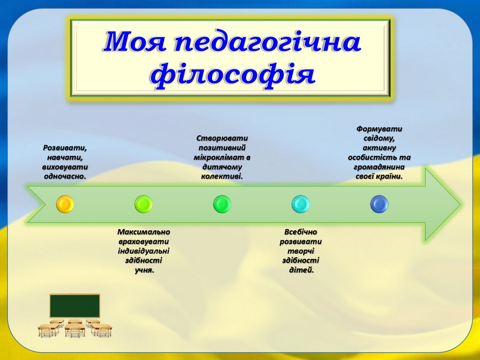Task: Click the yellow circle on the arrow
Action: (x=65, y=204)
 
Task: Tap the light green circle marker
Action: (x=143, y=204)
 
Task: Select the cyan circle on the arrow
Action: (x=300, y=204)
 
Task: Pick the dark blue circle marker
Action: (x=379, y=204)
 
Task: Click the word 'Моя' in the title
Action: (x=135, y=42)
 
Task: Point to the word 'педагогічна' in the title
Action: (x=268, y=43)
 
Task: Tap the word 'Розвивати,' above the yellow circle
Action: (x=65, y=148)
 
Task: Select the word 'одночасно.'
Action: (x=65, y=176)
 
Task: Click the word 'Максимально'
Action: (x=144, y=232)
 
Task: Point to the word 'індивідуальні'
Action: (x=144, y=251)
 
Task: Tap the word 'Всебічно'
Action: (x=300, y=232)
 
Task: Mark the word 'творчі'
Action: (x=300, y=251)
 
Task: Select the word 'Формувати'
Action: (x=379, y=129)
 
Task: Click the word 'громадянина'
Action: (x=379, y=167)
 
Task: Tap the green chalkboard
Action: (x=75, y=306)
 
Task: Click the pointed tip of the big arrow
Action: (x=460, y=204)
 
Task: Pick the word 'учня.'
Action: (x=144, y=271)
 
